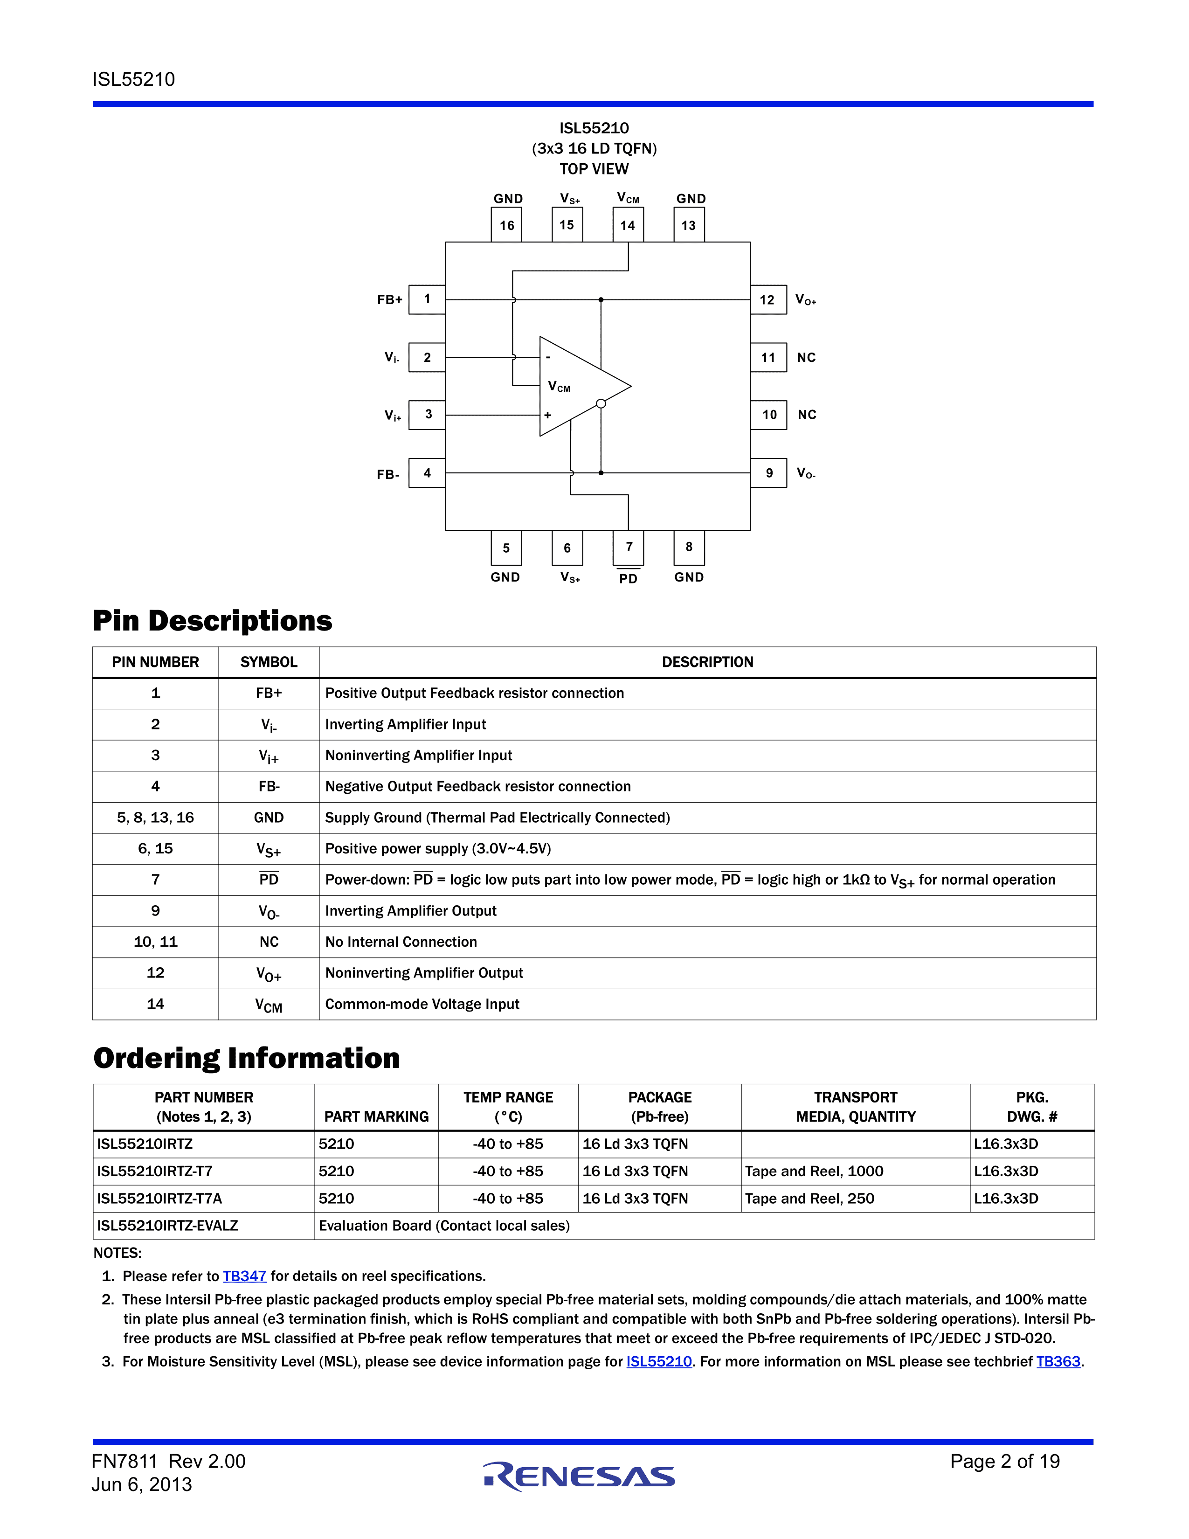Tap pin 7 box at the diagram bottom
pos(629,548)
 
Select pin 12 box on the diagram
pos(768,299)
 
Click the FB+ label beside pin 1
pos(389,299)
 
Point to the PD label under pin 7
pos(629,579)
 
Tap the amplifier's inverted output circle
pos(601,404)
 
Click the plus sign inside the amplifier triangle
pos(547,415)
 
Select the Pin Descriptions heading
pos(212,621)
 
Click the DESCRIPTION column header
pos(707,662)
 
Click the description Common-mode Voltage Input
pos(422,1004)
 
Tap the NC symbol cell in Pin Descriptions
pos(269,942)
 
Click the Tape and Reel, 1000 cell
pos(814,1171)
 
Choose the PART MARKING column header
pos(376,1116)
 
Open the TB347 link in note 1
pos(244,1276)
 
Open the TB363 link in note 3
pos(1058,1361)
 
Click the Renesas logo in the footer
pos(579,1477)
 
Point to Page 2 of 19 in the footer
pos(1004,1462)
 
